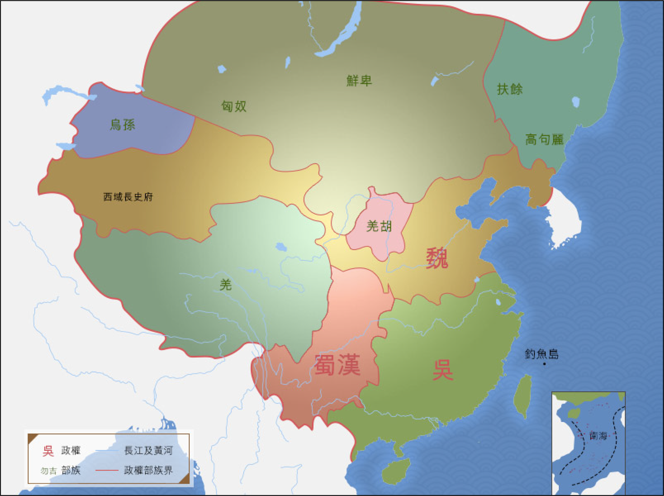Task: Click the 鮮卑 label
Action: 359,81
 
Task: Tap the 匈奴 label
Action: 234,106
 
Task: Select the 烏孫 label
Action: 123,125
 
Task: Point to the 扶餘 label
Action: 509,89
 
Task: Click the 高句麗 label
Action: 544,139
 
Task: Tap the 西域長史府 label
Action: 128,197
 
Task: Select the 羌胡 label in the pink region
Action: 379,226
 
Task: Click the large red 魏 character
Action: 437,258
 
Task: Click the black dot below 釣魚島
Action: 544,364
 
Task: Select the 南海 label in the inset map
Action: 598,436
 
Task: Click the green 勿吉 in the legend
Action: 49,471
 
